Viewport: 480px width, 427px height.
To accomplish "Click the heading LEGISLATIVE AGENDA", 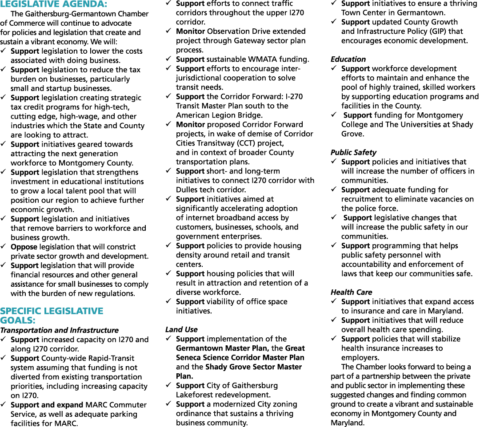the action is click(x=54, y=4).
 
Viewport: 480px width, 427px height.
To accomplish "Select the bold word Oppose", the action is click(x=24, y=247).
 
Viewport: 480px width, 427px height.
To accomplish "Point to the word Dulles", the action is click(x=187, y=190).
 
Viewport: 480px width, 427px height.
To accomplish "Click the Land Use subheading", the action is click(x=181, y=329).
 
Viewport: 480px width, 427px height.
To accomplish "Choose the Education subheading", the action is click(x=348, y=59).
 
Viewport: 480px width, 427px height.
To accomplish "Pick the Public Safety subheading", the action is click(x=353, y=153).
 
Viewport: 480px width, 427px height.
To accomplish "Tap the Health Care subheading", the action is click(x=351, y=292).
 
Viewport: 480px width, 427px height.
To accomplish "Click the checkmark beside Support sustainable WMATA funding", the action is click(x=168, y=59).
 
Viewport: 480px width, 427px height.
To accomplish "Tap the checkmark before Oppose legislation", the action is click(x=3, y=246).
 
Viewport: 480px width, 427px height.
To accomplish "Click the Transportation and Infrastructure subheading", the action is click(x=60, y=330).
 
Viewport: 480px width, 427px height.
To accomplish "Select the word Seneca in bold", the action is click(x=190, y=358).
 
